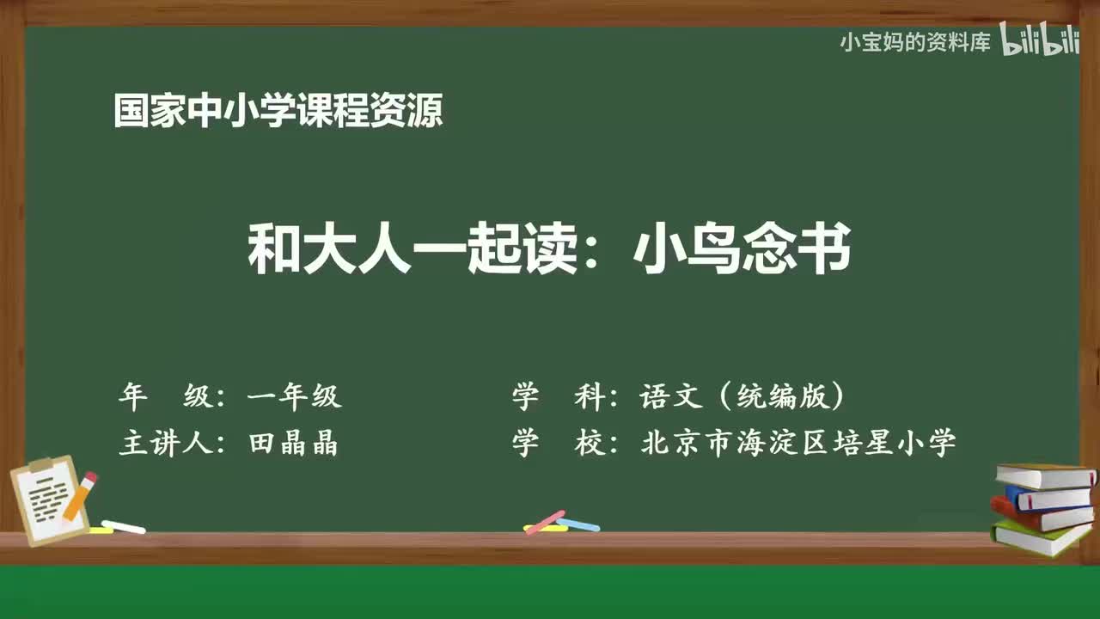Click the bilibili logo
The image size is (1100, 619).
[1040, 39]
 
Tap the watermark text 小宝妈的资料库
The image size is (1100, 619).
[915, 43]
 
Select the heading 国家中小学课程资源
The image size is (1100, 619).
[278, 111]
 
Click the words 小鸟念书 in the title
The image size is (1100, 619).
[742, 248]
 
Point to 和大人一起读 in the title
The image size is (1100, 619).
[413, 248]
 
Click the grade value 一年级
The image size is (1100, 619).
[295, 395]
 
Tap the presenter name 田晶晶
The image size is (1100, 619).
[294, 443]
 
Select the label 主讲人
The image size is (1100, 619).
[166, 443]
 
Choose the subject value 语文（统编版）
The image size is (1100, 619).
[742, 395]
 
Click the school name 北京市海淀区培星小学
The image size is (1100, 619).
[798, 443]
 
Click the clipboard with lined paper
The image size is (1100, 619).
[49, 500]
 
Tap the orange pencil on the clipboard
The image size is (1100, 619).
[81, 496]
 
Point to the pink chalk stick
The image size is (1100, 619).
[545, 522]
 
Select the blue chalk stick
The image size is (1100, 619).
[578, 524]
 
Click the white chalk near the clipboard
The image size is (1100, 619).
[123, 527]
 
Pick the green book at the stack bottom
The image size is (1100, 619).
[1040, 536]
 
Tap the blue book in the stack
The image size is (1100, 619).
[1048, 498]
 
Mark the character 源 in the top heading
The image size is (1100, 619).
[425, 111]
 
